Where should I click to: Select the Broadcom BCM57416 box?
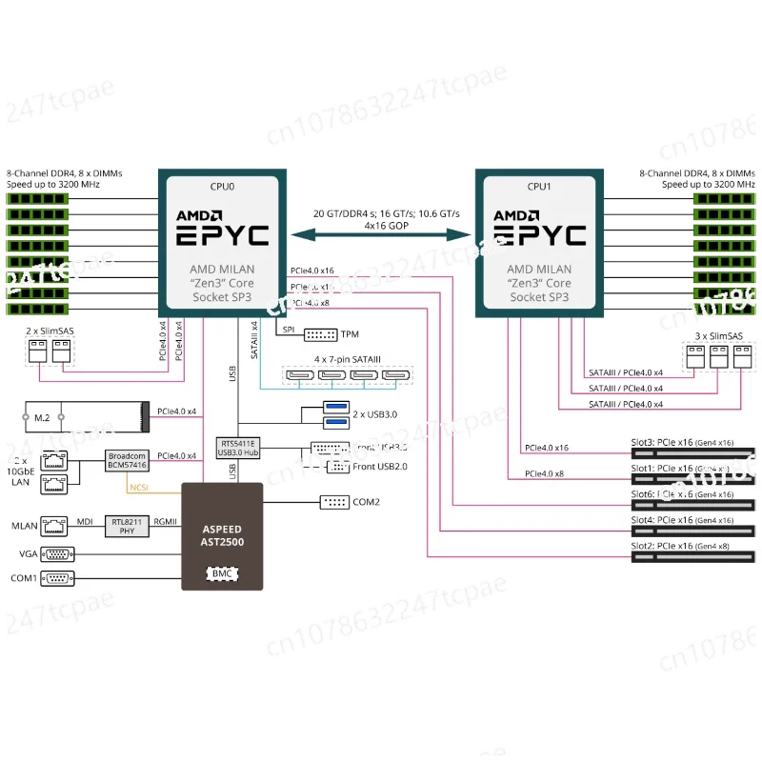[x=125, y=460]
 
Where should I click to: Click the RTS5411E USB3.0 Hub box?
[x=239, y=448]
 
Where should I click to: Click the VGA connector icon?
[x=56, y=552]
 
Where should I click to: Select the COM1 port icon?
[x=56, y=577]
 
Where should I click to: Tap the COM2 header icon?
[x=335, y=502]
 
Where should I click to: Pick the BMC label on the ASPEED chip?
[x=221, y=574]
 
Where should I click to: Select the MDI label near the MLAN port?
[x=85, y=520]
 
